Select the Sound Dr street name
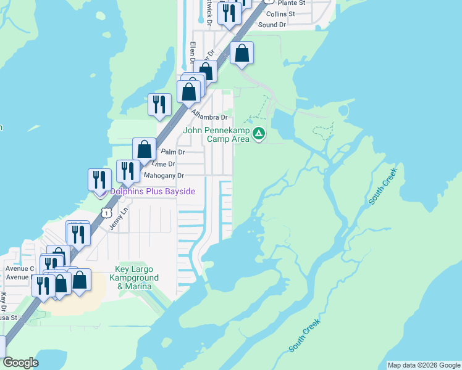pyautogui.click(x=272, y=25)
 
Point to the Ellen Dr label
pyautogui.click(x=193, y=53)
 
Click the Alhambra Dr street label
pyautogui.click(x=209, y=115)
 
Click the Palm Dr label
pyautogui.click(x=173, y=152)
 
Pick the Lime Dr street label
pyautogui.click(x=164, y=164)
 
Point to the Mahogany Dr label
pyautogui.click(x=164, y=176)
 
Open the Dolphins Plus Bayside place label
pyautogui.click(x=153, y=192)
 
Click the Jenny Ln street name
pyautogui.click(x=118, y=220)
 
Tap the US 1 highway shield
pyautogui.click(x=107, y=213)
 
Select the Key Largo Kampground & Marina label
pyautogui.click(x=137, y=277)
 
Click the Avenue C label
pyautogui.click(x=20, y=269)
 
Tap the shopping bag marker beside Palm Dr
pyautogui.click(x=144, y=150)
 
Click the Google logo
pyautogui.click(x=20, y=363)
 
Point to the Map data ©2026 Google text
pyautogui.click(x=423, y=365)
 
